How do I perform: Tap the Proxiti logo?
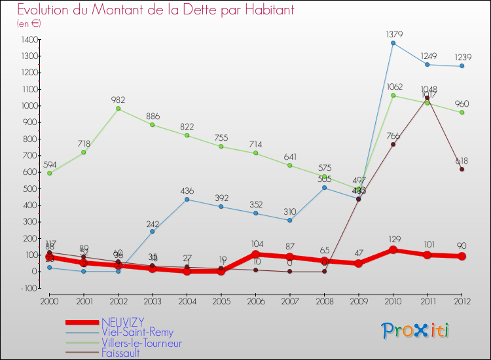416,331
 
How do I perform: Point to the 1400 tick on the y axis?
28,39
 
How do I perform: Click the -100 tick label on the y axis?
28,288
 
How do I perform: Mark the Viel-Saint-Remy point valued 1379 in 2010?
393,43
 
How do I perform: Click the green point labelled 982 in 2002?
118,109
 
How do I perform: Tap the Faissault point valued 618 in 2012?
462,170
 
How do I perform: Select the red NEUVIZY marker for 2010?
393,250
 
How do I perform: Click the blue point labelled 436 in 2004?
187,199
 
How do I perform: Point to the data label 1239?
462,57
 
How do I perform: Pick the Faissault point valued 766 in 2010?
393,145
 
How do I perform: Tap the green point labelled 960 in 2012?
462,113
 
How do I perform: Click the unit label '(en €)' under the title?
29,24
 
